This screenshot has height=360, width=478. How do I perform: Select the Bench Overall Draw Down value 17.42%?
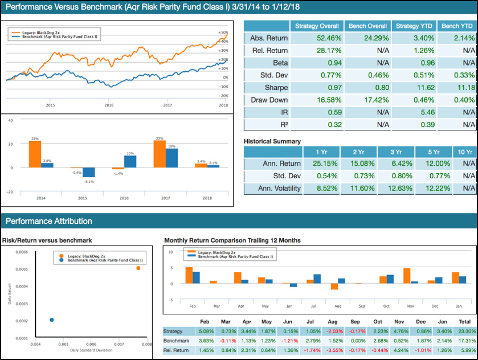367,100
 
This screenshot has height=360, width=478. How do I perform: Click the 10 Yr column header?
465,152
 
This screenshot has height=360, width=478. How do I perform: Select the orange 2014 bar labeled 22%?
35,154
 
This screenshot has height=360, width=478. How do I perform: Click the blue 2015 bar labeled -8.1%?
88,173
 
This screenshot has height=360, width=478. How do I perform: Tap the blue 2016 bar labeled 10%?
130,162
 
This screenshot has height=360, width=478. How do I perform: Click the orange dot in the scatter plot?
138,268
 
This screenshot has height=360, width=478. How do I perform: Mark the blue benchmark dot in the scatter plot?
51,320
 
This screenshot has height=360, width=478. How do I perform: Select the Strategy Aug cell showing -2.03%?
335,331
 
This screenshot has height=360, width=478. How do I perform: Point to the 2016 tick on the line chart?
109,105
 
